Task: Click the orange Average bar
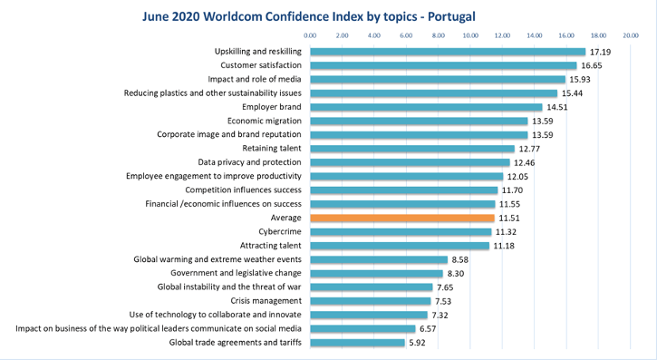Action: tap(402, 218)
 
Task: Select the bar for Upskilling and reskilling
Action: tap(448, 52)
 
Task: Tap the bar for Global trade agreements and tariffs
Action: tap(357, 343)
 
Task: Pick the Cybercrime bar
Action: tap(401, 232)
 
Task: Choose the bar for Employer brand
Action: tap(426, 107)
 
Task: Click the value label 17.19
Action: tap(601, 52)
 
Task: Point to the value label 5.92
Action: tap(417, 343)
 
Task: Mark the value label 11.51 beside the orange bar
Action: tap(509, 219)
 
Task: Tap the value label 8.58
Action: tap(460, 260)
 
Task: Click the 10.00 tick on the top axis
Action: tap(470, 35)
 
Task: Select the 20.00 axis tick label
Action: tap(631, 35)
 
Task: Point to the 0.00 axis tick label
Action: tap(310, 35)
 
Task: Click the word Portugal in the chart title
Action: tap(451, 16)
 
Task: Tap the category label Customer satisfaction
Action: tap(261, 65)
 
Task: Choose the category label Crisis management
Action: tap(266, 301)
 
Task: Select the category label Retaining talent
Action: tap(272, 149)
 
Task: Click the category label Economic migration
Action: tap(265, 121)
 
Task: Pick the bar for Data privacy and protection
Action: tap(411, 162)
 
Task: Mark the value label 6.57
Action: tap(428, 329)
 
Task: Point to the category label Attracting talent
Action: tap(271, 246)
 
